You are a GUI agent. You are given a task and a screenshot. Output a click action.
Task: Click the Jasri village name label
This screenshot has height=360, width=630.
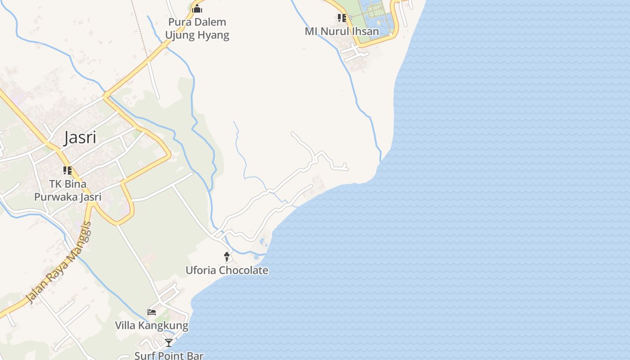[80, 137]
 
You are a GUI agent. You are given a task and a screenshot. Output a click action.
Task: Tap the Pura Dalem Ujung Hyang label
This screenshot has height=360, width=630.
[197, 28]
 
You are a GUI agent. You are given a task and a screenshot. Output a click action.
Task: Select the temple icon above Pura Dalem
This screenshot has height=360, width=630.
[197, 9]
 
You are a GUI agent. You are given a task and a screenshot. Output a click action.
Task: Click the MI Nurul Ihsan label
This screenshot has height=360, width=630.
[342, 31]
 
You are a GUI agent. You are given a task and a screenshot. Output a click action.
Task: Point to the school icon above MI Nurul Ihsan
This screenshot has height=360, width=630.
[342, 18]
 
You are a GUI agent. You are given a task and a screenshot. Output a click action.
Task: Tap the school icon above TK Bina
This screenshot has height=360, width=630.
[67, 171]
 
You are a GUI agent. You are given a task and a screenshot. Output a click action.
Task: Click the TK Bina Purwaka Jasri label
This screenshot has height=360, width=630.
[68, 190]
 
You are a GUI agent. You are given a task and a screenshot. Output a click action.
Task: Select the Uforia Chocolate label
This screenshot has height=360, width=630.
[227, 270]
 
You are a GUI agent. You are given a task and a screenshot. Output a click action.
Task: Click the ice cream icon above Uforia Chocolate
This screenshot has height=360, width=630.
[227, 257]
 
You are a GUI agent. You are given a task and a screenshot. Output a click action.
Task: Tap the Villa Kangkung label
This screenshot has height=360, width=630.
[151, 325]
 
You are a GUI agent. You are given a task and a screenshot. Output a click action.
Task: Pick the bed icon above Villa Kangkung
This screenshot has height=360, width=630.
[152, 312]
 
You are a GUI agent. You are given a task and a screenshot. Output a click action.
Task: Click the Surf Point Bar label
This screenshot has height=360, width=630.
[169, 355]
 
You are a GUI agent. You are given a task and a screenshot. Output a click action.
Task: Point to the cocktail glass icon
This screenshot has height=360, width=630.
[168, 343]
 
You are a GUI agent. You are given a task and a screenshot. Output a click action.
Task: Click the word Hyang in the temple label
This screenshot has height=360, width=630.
[214, 35]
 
